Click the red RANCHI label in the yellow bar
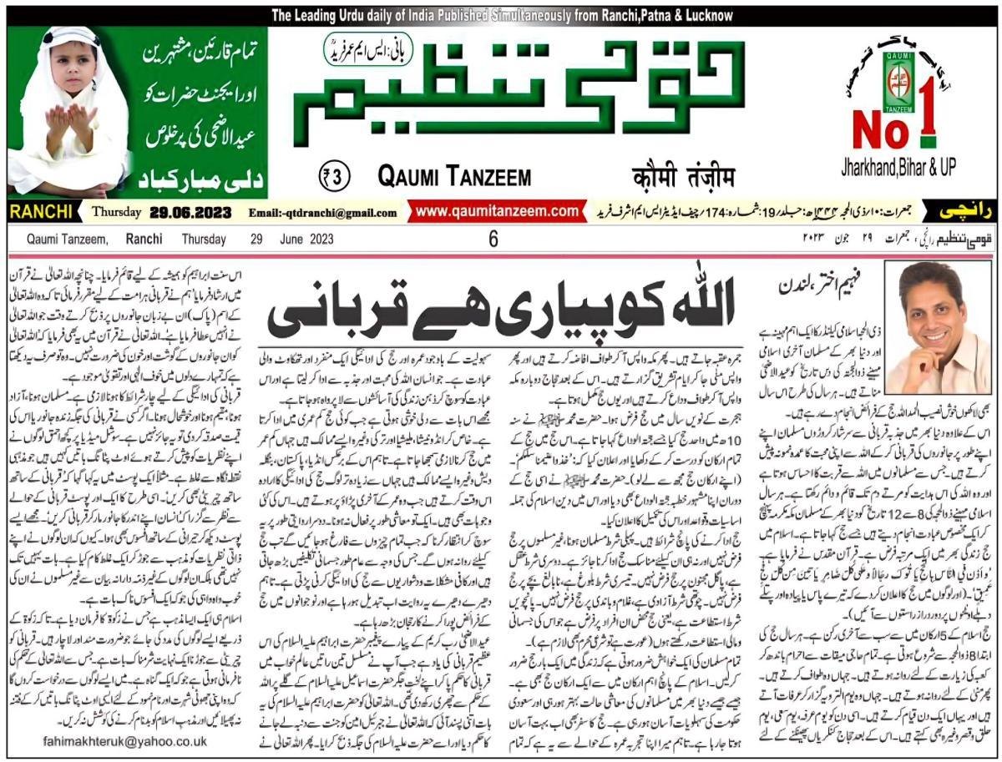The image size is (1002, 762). tap(43, 212)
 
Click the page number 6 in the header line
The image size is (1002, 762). tap(493, 240)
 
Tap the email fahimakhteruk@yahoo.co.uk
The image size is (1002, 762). tap(123, 740)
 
